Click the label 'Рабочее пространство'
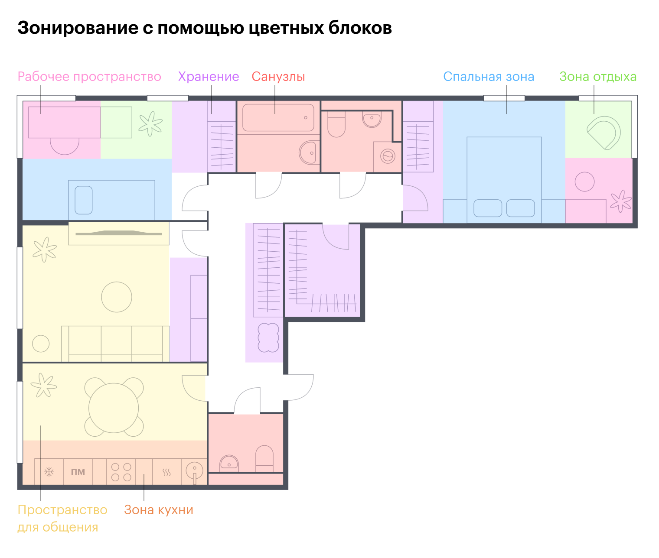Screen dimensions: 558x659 tap(89, 77)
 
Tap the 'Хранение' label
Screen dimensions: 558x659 tap(209, 77)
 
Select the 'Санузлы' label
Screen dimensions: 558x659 tap(278, 77)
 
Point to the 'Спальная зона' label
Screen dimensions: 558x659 tap(489, 77)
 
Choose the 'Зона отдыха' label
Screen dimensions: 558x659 tap(598, 77)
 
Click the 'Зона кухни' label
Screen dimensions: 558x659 tap(159, 509)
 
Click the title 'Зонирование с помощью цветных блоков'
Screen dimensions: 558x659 tap(205, 28)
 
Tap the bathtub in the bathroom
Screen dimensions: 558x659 tap(278, 117)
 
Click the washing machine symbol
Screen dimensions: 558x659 tap(388, 156)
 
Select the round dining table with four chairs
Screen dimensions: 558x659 tap(114, 408)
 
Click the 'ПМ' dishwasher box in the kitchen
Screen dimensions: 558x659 tap(78, 472)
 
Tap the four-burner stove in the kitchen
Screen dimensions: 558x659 tap(121, 472)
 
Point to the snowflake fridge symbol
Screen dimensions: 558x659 tap(49, 472)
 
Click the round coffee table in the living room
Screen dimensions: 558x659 tap(117, 297)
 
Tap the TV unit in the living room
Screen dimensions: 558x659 tap(119, 234)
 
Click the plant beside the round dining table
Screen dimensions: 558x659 tap(43, 385)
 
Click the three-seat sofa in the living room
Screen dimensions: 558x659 tap(115, 343)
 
